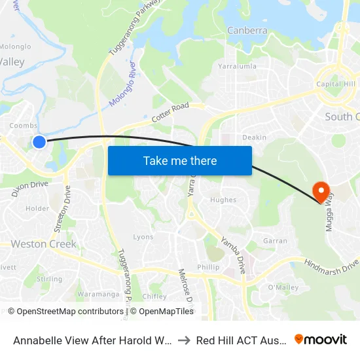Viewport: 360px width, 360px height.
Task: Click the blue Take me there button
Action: (180, 160)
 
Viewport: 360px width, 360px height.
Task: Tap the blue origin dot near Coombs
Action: (39, 141)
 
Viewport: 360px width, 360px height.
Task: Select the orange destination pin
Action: (321, 191)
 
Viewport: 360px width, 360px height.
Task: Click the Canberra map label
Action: (247, 30)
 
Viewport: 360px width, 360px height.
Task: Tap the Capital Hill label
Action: (336, 84)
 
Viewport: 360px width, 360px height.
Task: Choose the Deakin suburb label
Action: (254, 137)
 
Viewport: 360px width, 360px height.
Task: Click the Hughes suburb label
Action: (223, 200)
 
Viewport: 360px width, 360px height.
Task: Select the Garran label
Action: (275, 241)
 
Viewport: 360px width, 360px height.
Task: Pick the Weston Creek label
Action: (44, 244)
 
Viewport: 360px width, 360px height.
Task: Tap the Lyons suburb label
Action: (143, 237)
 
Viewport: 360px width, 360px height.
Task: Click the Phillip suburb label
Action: (208, 267)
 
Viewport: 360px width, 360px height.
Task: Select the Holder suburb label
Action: (37, 209)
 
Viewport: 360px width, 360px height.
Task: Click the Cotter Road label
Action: (170, 113)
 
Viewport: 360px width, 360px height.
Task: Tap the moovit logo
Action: (321, 340)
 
